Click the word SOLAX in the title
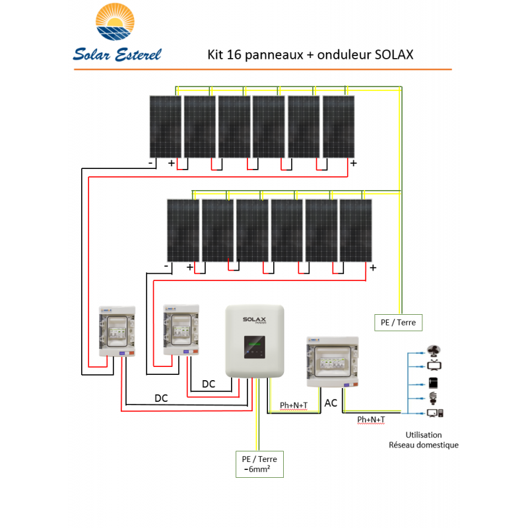(393, 55)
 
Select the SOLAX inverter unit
(255, 341)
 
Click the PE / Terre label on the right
(398, 322)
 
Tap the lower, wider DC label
(160, 398)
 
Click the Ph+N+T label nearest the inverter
(294, 405)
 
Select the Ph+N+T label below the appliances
(371, 419)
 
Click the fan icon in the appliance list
(435, 352)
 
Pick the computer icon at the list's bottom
(435, 414)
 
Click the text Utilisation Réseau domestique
(432, 440)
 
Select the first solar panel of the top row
(165, 127)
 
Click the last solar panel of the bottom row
(356, 230)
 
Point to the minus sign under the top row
(151, 162)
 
